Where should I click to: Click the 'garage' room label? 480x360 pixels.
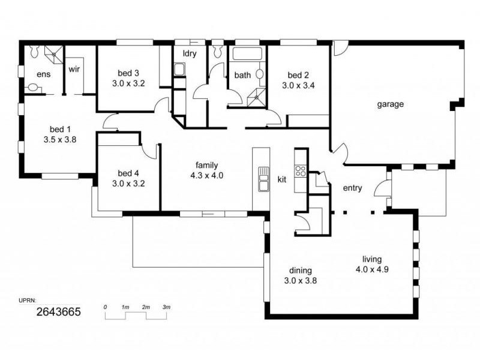click(390, 104)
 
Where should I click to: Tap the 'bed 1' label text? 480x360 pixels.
click(60, 129)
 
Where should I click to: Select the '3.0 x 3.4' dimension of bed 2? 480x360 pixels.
click(298, 85)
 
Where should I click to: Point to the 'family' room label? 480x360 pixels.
click(206, 166)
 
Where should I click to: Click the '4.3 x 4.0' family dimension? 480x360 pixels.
click(206, 176)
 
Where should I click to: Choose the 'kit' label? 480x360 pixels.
click(282, 179)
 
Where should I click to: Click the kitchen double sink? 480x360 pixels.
click(263, 179)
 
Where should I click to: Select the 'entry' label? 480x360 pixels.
click(352, 188)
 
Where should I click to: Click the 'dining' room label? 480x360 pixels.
click(300, 270)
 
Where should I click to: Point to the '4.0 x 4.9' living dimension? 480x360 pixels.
click(372, 269)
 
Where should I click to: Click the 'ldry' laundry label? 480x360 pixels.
click(190, 53)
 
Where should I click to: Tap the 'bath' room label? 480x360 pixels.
click(242, 76)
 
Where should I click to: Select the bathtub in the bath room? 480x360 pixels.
click(248, 55)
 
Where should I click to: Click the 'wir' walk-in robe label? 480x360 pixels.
click(74, 69)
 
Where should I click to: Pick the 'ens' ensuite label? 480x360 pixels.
click(43, 74)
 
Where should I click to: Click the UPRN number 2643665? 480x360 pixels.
click(59, 312)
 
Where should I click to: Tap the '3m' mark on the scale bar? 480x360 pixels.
click(166, 307)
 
